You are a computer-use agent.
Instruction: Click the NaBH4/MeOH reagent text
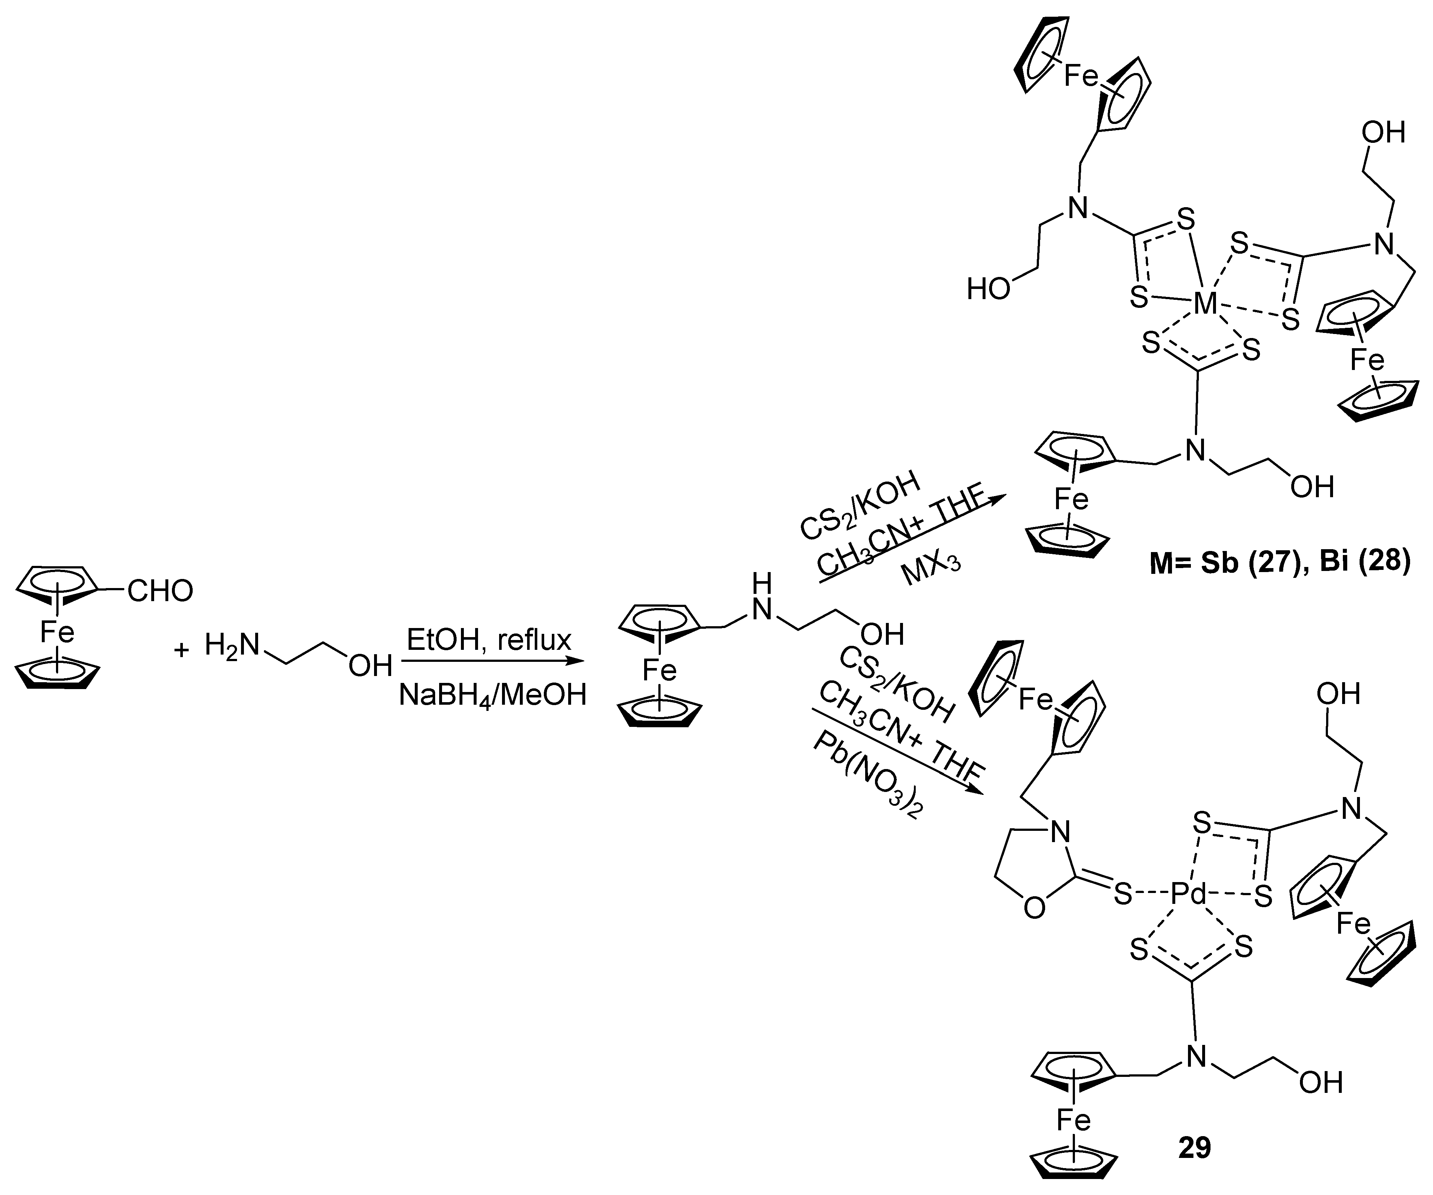click(493, 695)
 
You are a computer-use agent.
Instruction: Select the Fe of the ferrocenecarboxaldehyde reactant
click(57, 632)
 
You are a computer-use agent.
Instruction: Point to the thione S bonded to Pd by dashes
click(1123, 894)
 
